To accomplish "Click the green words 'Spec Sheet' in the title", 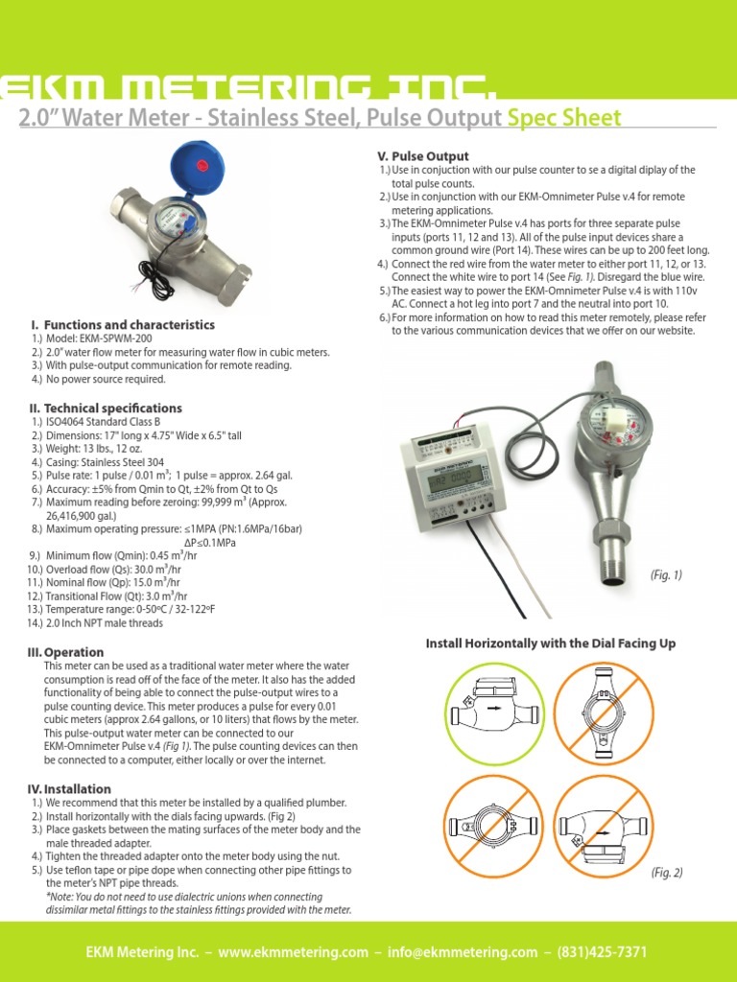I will [x=564, y=118].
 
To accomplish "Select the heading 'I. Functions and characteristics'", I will [x=123, y=325].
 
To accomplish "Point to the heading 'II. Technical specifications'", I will [x=106, y=408].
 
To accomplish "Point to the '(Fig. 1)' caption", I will [x=665, y=575].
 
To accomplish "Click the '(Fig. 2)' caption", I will [x=665, y=873].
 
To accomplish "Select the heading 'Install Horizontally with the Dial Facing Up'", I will [x=550, y=643].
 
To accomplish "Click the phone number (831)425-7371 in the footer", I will [x=603, y=952].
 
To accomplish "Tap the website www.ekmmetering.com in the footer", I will [x=293, y=952].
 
